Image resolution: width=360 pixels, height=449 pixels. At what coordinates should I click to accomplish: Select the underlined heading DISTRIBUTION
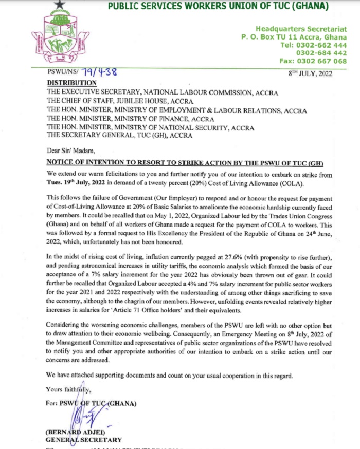(x=71, y=83)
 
